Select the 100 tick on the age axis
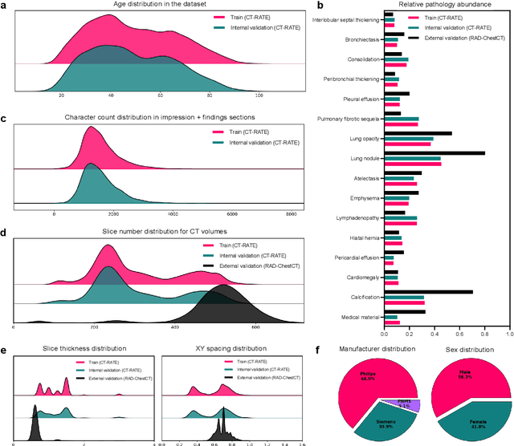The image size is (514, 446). (x=259, y=95)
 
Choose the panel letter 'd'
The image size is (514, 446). (x=4, y=233)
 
